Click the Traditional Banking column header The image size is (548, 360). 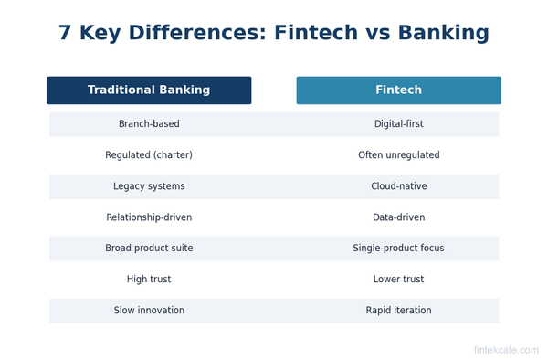coord(149,90)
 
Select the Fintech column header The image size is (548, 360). coord(398,90)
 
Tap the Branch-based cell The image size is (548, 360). coord(149,124)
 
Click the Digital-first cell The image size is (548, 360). coord(398,124)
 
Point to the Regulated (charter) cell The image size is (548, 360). coord(149,155)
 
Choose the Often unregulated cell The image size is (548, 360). coord(398,155)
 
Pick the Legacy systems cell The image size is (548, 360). coord(149,186)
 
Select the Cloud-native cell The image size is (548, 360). coord(398,186)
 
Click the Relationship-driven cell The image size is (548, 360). coord(149,217)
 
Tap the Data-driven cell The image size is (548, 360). coord(398,217)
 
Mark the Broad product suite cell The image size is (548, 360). coord(149,249)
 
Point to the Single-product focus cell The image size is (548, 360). coord(398,249)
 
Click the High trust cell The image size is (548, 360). coord(149,280)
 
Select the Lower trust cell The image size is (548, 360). coord(398,280)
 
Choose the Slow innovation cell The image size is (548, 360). coord(149,311)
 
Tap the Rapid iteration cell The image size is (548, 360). coord(398,311)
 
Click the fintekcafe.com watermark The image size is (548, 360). coord(505,350)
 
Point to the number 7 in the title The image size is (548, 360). coord(65,34)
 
